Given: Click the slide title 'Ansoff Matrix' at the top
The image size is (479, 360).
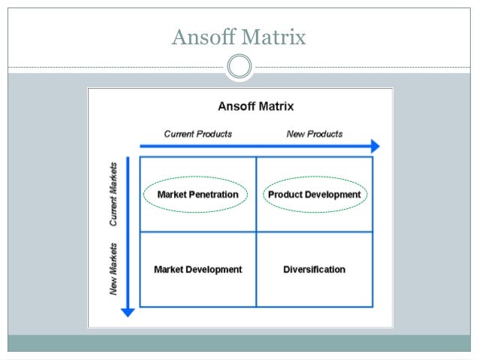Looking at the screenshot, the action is (239, 36).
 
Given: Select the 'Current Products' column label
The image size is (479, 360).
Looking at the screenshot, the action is (198, 134).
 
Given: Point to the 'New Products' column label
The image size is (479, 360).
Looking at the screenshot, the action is (315, 134).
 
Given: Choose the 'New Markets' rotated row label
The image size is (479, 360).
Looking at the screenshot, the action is (114, 268).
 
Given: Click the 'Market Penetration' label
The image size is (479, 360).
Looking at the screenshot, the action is (197, 195).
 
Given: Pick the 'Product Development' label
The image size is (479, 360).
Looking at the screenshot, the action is (314, 195).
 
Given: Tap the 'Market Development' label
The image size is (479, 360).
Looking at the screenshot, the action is (197, 269).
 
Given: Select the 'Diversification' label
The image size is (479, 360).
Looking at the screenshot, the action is (314, 269).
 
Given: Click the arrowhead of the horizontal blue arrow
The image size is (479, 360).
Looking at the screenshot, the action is (375, 147).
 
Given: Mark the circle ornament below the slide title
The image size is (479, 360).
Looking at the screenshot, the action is (239, 67).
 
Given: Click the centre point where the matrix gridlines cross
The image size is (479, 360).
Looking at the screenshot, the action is (256, 231).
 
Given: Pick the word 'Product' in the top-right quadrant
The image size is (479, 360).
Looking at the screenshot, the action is (285, 195).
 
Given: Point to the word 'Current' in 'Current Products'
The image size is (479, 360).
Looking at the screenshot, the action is (181, 134).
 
